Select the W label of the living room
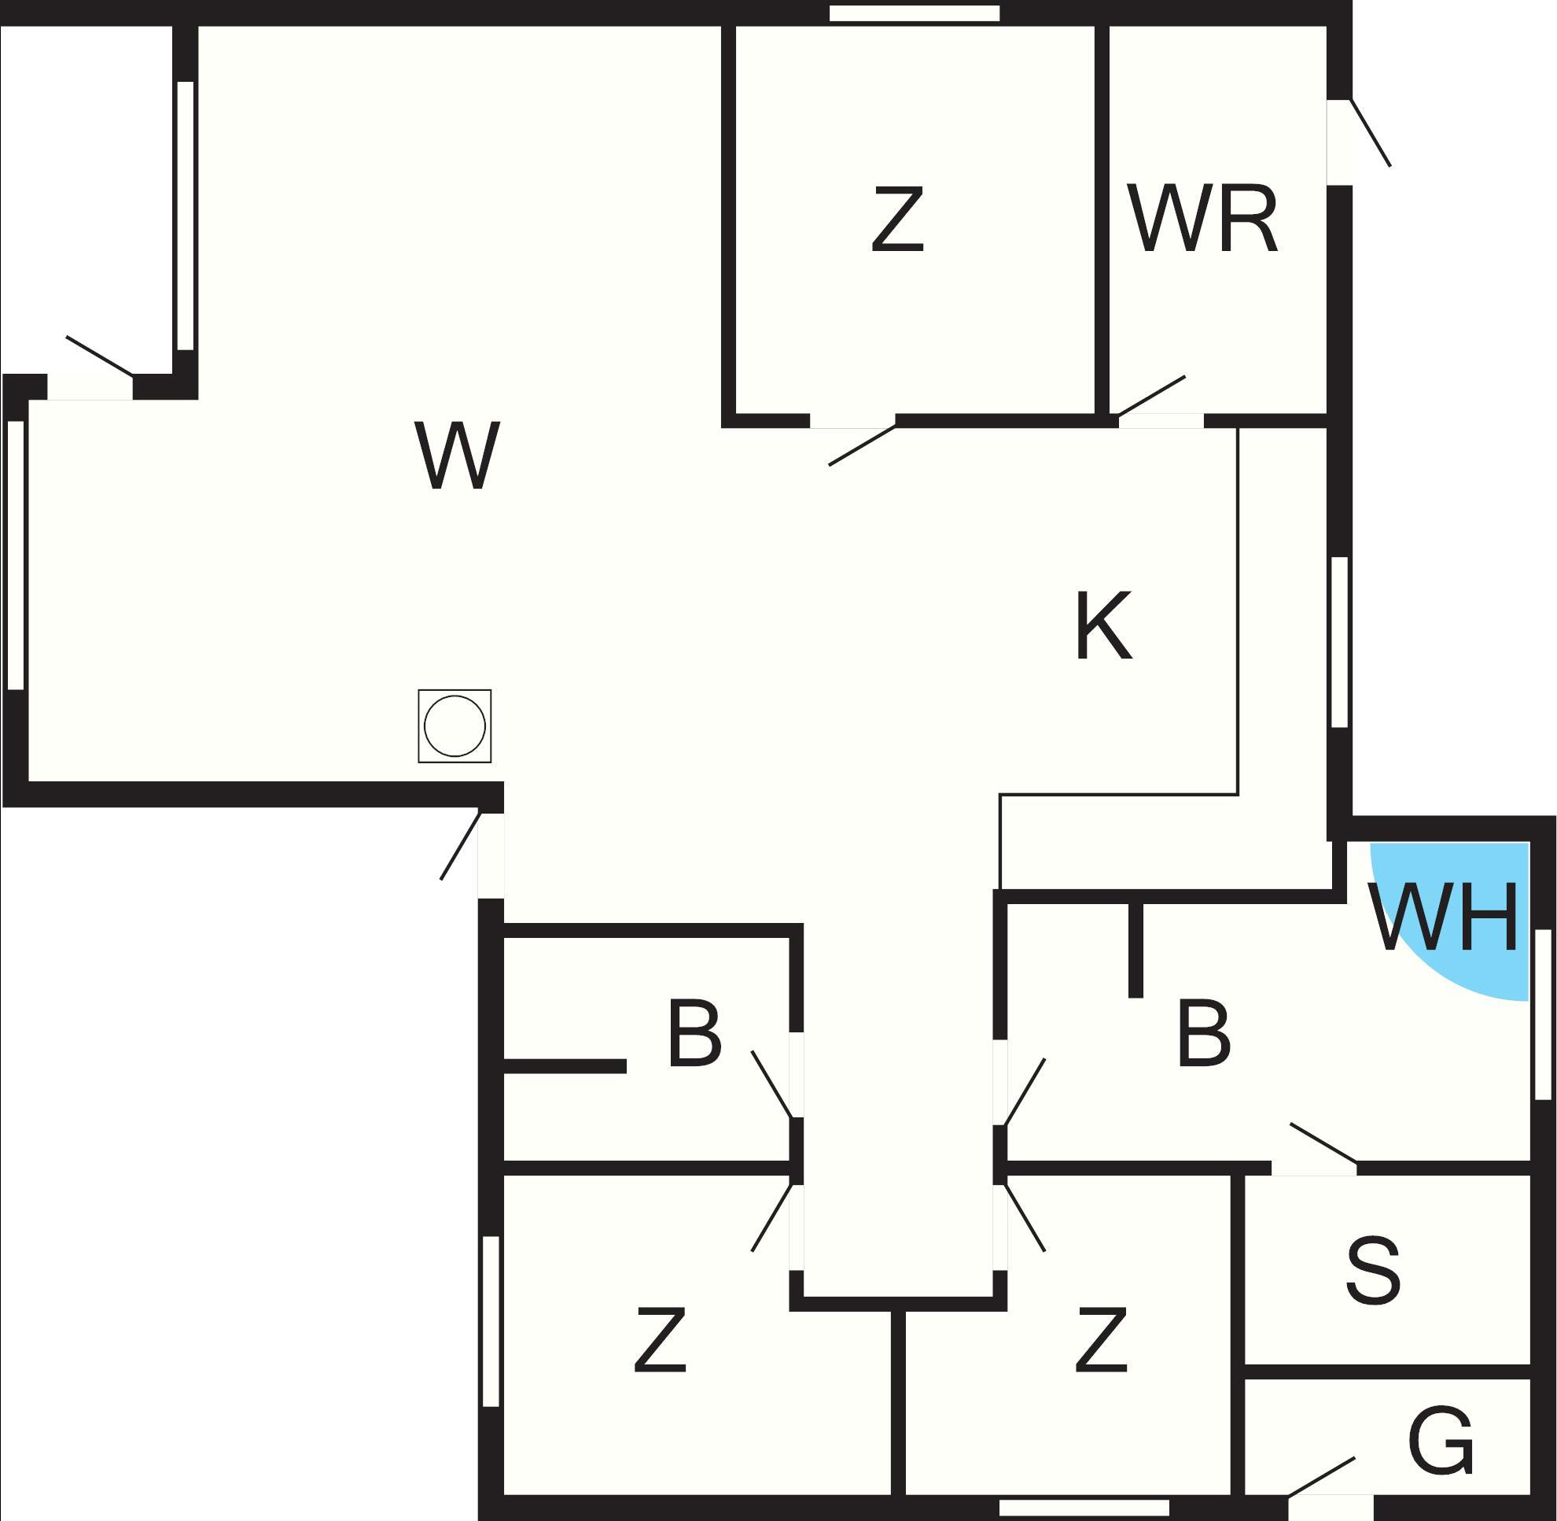coord(458,456)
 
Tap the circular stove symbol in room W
coord(455,726)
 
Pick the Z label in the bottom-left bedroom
coord(660,1340)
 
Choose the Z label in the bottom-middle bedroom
coord(1101,1340)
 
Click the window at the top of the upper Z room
coord(915,13)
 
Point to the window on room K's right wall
coord(1340,642)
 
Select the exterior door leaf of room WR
coord(1370,133)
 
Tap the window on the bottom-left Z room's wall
coord(491,1321)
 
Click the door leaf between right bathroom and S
coord(1323,1143)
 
